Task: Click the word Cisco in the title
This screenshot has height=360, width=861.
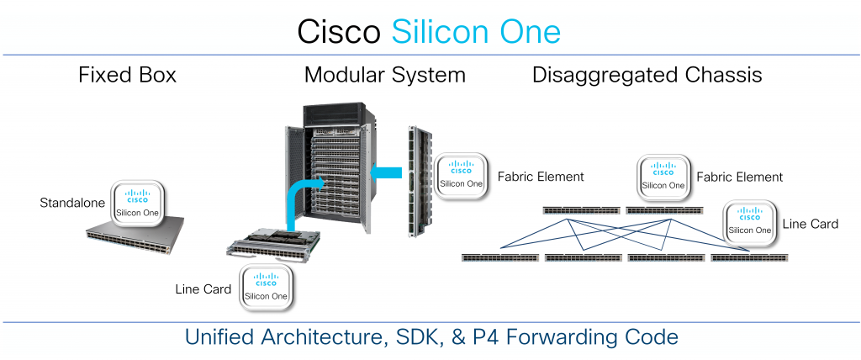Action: [339, 32]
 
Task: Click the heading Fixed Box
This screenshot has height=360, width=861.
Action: [127, 75]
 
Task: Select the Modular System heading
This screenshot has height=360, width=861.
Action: [384, 75]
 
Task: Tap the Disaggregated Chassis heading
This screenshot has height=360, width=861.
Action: [647, 75]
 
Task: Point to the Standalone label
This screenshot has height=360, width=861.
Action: [74, 204]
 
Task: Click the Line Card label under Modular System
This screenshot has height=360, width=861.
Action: [203, 289]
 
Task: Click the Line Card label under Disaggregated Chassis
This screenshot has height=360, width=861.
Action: [810, 225]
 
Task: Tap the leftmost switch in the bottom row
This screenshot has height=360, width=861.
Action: [499, 257]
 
